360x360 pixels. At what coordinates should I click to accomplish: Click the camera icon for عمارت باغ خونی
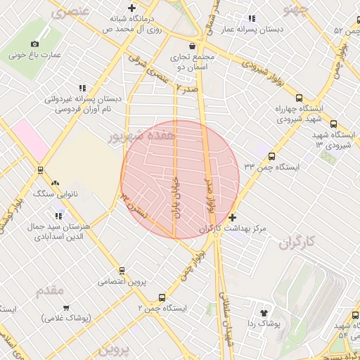[x=35, y=44]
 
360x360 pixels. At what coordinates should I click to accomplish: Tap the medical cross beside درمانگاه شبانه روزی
[x=131, y=8]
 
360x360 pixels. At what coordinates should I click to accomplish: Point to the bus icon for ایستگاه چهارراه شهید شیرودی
[x=300, y=98]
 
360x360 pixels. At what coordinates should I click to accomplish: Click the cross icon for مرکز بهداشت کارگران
[x=233, y=217]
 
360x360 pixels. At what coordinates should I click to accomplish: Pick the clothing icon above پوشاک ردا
[x=264, y=313]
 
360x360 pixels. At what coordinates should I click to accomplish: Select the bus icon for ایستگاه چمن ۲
[x=162, y=298]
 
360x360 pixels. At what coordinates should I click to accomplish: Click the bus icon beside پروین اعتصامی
[x=122, y=270]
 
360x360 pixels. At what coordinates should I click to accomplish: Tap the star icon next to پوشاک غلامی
[x=66, y=308]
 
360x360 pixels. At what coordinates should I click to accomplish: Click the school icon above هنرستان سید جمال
[x=59, y=214]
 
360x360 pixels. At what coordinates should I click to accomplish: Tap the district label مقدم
[x=49, y=290]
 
